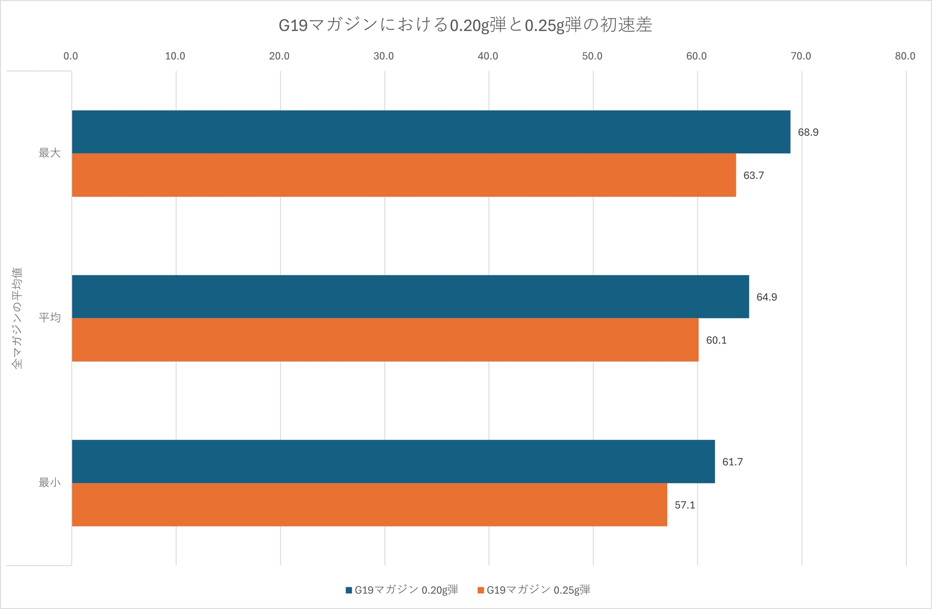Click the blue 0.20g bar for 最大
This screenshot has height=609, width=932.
(431, 132)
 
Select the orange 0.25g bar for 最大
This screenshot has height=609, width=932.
(403, 175)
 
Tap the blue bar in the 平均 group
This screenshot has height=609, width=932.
(410, 297)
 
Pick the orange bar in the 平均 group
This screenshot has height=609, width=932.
(385, 340)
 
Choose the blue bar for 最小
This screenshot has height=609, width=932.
(393, 461)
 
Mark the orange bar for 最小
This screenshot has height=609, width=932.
(369, 505)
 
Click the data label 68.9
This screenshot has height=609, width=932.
(808, 133)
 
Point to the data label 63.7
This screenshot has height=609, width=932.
(753, 175)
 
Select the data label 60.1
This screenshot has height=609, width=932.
(716, 341)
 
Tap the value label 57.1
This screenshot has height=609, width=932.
(685, 505)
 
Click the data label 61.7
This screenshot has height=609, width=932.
(733, 462)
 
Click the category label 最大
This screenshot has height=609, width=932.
(50, 153)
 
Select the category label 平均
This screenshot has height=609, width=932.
(50, 317)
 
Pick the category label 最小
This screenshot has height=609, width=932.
(50, 483)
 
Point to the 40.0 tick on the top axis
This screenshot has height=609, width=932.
(488, 56)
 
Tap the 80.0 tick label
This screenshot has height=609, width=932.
(905, 56)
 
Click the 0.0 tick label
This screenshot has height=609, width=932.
(71, 56)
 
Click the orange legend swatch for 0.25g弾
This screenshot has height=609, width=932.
(481, 590)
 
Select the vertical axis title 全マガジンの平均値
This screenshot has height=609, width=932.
(17, 319)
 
